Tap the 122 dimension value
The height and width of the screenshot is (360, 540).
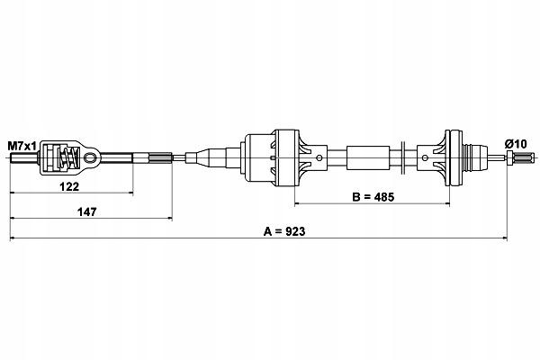coord(69,187)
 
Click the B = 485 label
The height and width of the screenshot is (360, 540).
coord(372,195)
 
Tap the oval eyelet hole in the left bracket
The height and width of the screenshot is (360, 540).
coord(90,160)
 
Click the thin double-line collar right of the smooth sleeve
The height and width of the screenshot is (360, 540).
coord(401,159)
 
